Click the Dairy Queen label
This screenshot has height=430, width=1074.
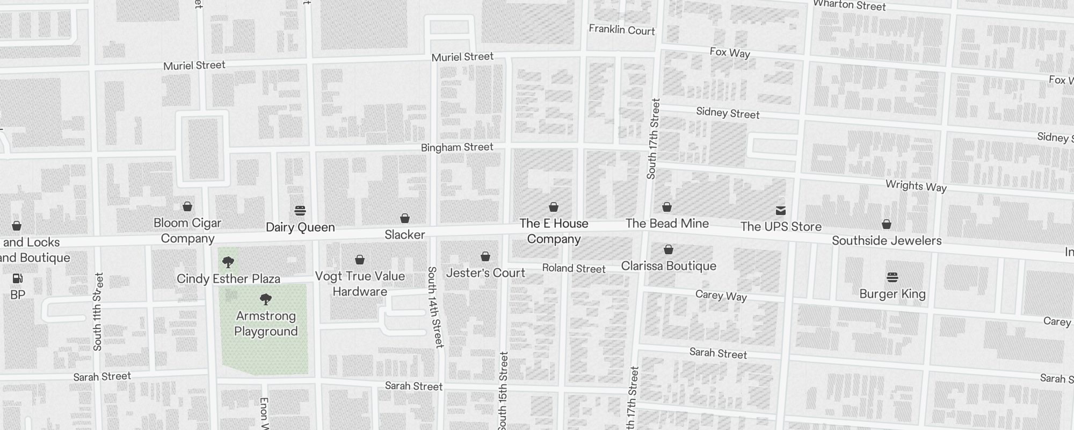coord(300,227)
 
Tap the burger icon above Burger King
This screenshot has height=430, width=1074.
coord(892,277)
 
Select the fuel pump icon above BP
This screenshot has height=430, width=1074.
coord(18,278)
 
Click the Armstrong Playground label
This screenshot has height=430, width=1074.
coord(266,324)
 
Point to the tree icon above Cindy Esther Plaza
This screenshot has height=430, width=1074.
coord(228,262)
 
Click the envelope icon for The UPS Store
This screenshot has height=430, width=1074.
coord(781,210)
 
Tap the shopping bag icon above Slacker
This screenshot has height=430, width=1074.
coord(405,218)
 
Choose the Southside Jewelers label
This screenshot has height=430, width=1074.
coord(887,240)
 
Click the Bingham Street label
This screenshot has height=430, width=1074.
coord(457,147)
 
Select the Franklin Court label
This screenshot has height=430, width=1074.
coord(622,30)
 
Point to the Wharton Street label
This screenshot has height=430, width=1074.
coord(849,5)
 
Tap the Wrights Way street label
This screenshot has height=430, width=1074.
coord(916,186)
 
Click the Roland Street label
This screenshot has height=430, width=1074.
coord(574,268)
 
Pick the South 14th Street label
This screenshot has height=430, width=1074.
coord(435,307)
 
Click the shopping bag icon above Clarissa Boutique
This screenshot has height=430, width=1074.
coord(669,250)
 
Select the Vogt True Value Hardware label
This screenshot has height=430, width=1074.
coord(360,284)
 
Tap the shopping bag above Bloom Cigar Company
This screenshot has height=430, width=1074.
coord(187,206)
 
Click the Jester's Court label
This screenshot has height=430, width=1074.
coord(485,273)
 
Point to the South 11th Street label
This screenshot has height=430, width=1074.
coord(97,312)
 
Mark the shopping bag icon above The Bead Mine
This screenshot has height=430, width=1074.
coord(667,207)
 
